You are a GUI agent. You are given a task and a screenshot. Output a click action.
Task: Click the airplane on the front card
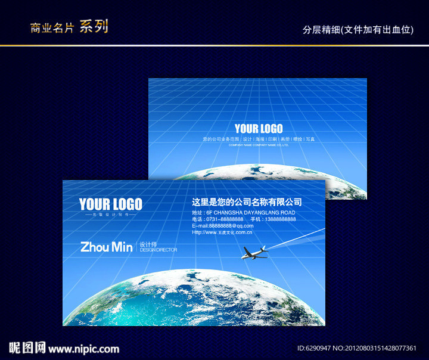254,253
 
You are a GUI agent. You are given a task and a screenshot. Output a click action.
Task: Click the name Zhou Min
106,247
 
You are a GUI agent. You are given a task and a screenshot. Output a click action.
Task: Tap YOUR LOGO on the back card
259,129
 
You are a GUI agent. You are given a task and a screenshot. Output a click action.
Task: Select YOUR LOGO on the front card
111,204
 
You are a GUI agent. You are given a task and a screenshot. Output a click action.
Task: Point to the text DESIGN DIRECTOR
158,250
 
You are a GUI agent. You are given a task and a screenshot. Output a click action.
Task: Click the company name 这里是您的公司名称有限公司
247,202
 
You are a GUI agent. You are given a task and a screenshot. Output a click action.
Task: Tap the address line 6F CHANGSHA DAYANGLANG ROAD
250,212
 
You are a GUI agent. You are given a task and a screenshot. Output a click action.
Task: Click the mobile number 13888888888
281,219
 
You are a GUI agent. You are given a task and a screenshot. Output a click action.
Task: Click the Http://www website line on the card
222,232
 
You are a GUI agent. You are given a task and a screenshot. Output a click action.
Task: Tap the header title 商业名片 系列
69,27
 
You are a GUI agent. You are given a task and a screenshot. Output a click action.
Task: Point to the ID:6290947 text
313,349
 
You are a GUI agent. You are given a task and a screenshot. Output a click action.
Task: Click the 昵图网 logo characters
27,348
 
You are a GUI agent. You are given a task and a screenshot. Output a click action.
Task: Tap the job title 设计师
147,244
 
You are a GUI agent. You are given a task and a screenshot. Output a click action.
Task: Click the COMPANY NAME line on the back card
259,145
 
